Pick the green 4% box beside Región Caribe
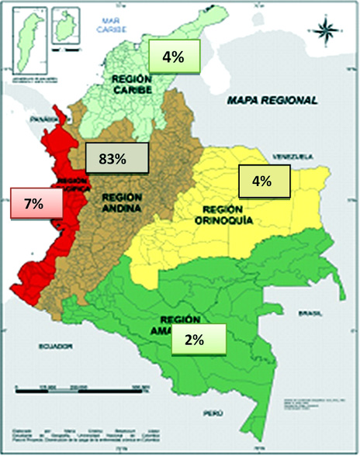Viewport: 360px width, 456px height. coord(174,56)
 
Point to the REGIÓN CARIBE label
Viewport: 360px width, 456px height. coord(135,85)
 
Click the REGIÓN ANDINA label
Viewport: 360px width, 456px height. coord(122,202)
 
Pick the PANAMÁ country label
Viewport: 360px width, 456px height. coord(34,122)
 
